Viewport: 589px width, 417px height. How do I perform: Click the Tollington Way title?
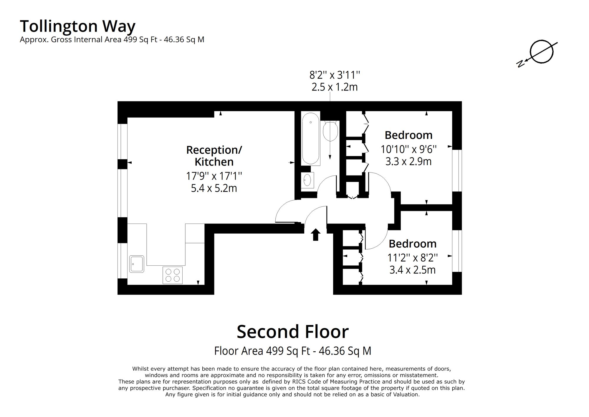tap(77, 27)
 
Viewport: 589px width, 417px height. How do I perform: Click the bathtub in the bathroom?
tap(310, 138)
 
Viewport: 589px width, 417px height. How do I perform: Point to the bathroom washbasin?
tap(307, 180)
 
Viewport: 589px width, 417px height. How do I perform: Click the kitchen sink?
tap(137, 264)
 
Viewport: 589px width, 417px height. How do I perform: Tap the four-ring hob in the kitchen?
tap(173, 275)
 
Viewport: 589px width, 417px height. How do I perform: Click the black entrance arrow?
tap(316, 234)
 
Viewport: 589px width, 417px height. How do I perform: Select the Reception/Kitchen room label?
tap(214, 156)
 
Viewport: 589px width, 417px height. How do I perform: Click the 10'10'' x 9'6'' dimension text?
tap(408, 150)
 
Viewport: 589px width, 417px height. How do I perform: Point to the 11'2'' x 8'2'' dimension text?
tap(412, 258)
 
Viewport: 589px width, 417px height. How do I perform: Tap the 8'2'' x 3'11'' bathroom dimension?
tap(335, 75)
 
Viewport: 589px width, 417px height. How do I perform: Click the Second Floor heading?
tap(293, 331)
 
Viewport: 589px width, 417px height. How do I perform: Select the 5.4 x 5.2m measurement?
tap(214, 188)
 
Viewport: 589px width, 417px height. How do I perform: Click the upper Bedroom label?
tap(408, 135)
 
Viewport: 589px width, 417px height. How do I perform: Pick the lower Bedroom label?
tap(412, 244)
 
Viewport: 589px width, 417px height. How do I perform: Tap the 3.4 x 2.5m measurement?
tap(412, 270)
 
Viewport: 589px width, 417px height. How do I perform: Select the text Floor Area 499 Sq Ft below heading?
tap(262, 351)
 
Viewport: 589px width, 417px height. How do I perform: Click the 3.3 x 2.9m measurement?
tap(408, 162)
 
